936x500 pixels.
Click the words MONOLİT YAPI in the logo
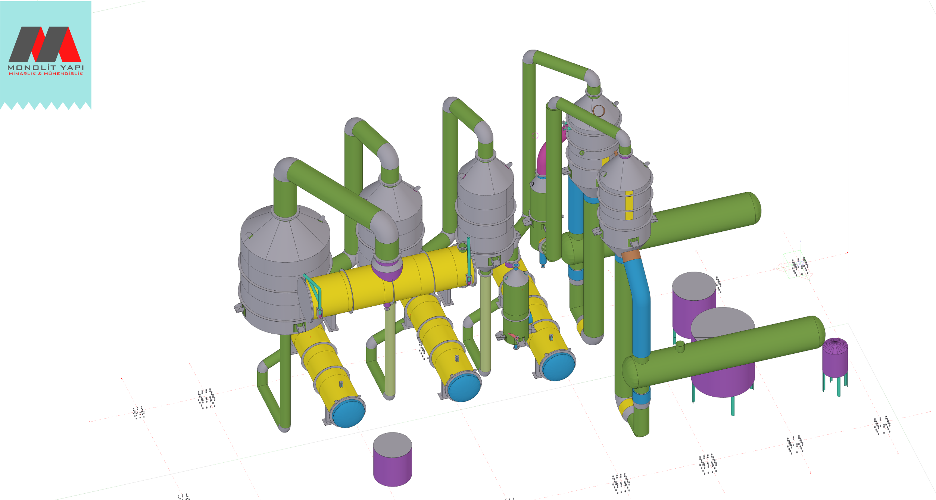click(46, 68)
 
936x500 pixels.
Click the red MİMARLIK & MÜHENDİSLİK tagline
click(46, 74)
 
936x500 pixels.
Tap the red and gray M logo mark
click(45, 44)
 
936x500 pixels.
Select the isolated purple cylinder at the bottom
click(392, 459)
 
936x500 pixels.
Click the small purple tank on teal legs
click(835, 358)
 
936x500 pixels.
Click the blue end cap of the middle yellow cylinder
click(464, 388)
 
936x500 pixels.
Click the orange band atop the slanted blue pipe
click(631, 256)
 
